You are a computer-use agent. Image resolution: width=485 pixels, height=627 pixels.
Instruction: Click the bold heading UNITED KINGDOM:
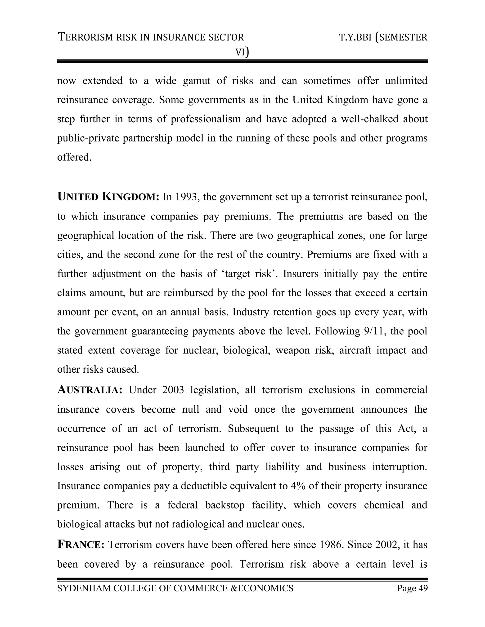(108, 197)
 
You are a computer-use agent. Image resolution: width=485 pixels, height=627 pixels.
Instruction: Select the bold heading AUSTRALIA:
(90, 390)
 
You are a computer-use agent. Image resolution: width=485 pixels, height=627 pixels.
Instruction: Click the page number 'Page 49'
(412, 588)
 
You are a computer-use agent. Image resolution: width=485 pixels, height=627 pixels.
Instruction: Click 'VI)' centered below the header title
(242, 52)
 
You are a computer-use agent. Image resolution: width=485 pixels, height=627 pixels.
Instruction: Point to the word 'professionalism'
(206, 119)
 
